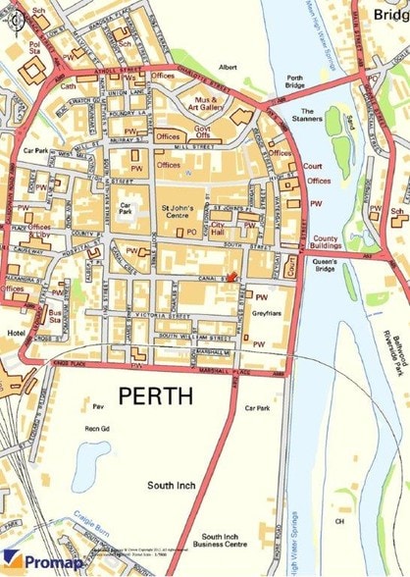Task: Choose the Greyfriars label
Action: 266,315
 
